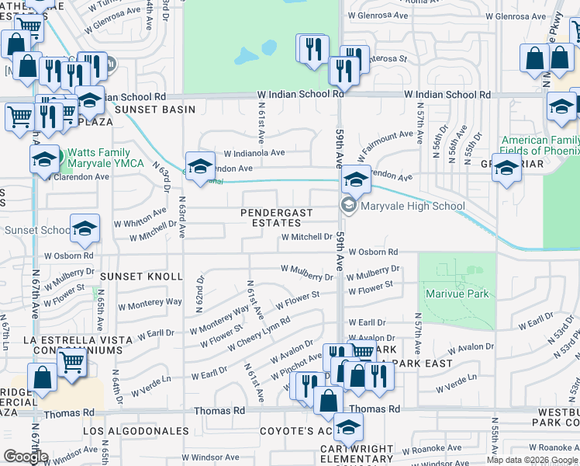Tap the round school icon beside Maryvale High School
348,205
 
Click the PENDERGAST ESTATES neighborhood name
277,217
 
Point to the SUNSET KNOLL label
147,276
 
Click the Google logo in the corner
26,457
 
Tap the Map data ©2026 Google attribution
533,460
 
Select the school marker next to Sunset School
85,228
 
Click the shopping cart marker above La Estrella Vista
72,360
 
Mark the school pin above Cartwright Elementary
348,426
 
